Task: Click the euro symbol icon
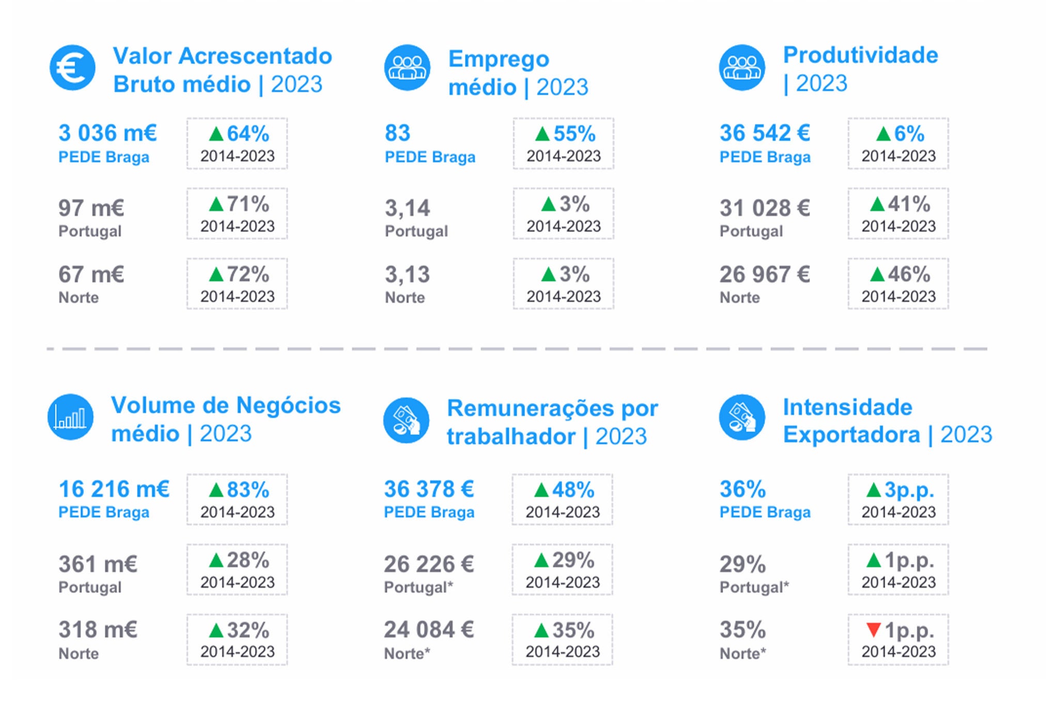(x=72, y=68)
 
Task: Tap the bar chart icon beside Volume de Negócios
(x=71, y=417)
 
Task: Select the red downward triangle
(x=874, y=630)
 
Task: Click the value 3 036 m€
(x=107, y=133)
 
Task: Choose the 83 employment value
(x=397, y=133)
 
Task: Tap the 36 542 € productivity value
(x=765, y=133)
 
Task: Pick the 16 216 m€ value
(x=114, y=489)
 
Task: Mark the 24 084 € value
(x=429, y=630)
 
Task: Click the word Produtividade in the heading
(x=861, y=55)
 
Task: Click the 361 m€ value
(x=98, y=564)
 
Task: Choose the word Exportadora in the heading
(x=851, y=434)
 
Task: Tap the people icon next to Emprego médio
(x=407, y=68)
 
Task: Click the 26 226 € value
(x=429, y=564)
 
